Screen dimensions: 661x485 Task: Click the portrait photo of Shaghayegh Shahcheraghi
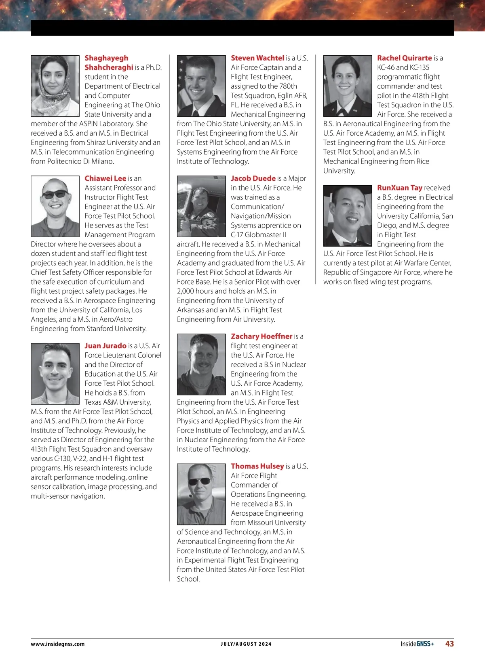pos(55,86)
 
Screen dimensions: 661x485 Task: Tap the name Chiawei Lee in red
pos(105,178)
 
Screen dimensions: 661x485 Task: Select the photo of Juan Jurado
pos(55,374)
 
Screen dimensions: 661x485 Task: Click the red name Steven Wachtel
pos(257,58)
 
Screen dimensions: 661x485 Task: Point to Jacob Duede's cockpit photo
pos(201,206)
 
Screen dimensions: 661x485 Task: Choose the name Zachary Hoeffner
pos(261,336)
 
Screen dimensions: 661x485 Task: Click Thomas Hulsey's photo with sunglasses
pos(201,494)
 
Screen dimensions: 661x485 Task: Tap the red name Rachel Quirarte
pos(405,58)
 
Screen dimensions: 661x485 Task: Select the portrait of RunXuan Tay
pos(348,215)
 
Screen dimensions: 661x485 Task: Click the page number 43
pos(449,644)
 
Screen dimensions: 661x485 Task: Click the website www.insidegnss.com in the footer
pos(58,644)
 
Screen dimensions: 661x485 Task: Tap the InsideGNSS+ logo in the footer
pos(417,644)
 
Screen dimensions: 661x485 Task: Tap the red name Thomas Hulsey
pos(257,466)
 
